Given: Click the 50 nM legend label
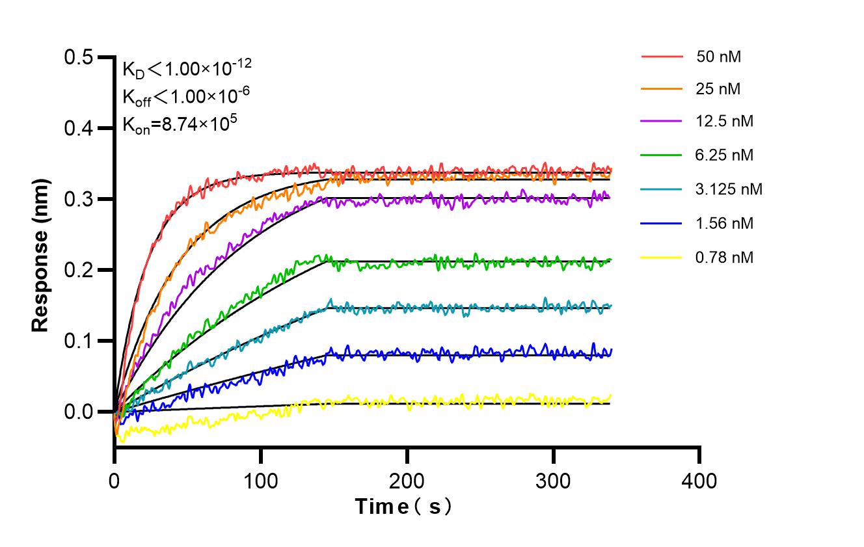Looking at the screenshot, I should point(718,57).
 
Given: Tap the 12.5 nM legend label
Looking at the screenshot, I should point(725,122).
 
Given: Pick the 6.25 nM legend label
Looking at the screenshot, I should point(725,155).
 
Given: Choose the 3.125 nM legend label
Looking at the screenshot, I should point(729,189).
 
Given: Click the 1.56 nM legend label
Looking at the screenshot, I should point(725,224).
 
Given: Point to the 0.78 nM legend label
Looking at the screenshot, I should point(725,258).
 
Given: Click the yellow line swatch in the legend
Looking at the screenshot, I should point(662,258).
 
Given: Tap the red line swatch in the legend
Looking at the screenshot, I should point(662,57).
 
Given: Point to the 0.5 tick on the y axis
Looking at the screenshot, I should point(78,58).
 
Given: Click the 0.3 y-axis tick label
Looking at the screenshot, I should point(78,199).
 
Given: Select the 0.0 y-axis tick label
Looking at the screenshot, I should point(78,412).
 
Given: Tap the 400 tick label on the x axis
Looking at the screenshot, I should point(699,481).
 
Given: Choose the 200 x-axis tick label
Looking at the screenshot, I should point(407,481).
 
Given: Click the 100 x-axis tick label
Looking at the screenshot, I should point(260,481).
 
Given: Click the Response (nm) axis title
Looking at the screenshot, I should point(40,254).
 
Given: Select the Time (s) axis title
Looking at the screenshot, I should point(403,507).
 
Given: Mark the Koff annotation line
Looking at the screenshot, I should point(186,96).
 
